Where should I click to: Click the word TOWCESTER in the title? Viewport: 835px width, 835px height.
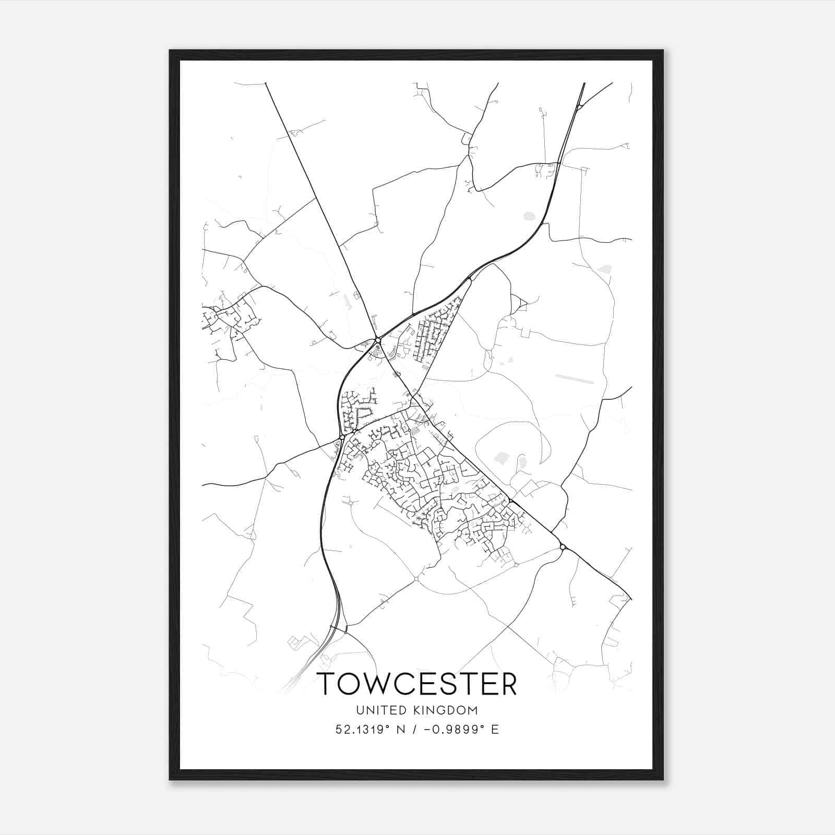pos(417,684)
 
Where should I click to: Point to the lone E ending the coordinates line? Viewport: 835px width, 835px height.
pos(495,730)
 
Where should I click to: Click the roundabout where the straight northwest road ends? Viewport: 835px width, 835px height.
pos(377,340)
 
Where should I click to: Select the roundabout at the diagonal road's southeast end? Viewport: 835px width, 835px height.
pos(563,547)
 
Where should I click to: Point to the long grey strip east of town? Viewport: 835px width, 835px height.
pos(574,378)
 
